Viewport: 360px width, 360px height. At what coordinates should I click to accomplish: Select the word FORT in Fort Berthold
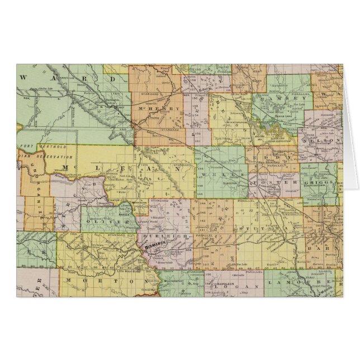(26, 147)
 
